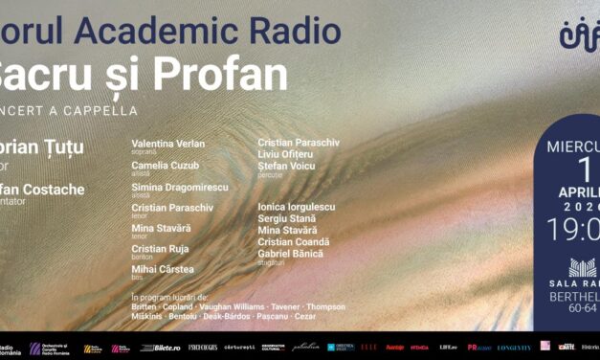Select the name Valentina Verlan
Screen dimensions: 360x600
pos(168,144)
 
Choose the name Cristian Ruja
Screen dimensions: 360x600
pos(160,249)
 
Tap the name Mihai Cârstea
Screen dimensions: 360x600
pos(163,270)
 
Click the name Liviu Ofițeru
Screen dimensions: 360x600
pos(285,154)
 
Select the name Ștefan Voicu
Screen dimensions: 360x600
pos(285,166)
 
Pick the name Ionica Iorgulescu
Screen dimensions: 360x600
pos(296,207)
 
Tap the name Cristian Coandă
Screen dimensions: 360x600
pos(293,242)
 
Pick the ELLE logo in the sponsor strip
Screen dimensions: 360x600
pos(367,347)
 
